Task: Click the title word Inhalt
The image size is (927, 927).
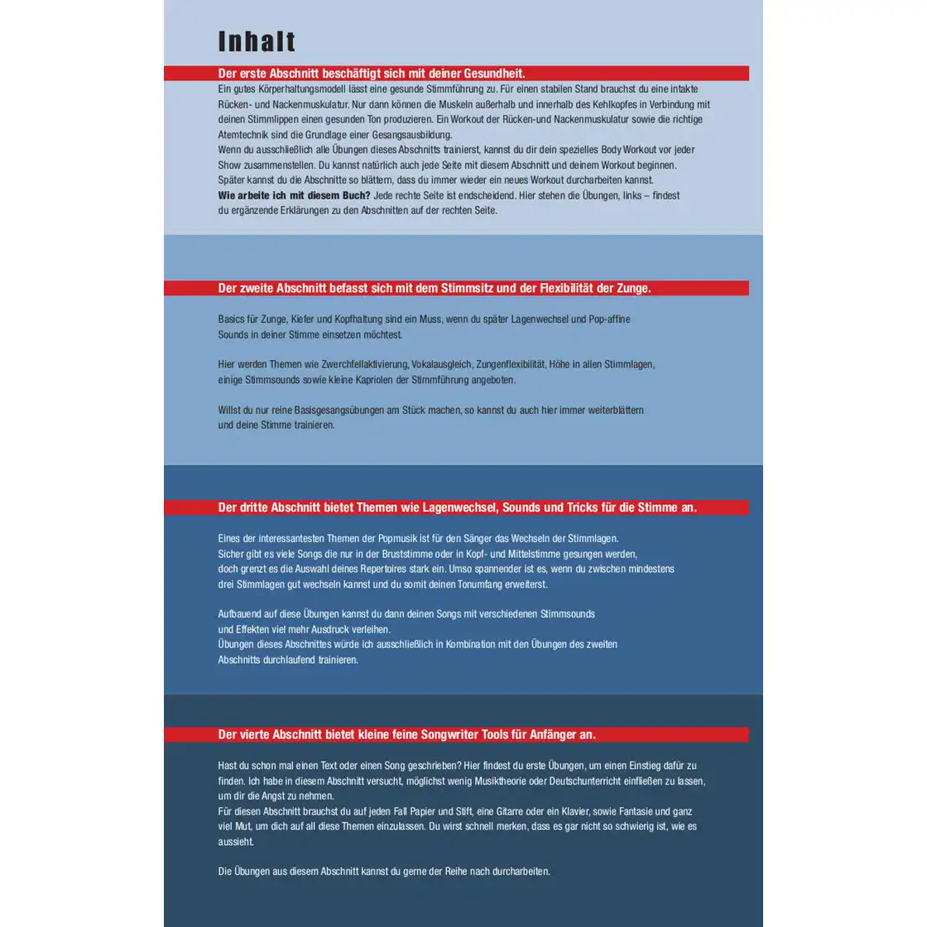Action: pos(257,41)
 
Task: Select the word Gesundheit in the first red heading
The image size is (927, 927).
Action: pos(492,74)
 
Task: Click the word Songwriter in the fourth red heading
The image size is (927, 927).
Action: pos(450,734)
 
